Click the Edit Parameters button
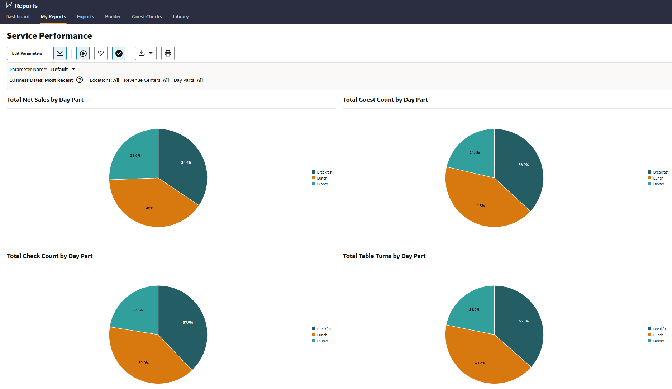tap(27, 53)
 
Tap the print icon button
tap(168, 53)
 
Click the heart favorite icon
tap(101, 53)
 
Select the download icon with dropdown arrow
tap(146, 53)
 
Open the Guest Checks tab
tap(147, 17)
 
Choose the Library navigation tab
tap(181, 17)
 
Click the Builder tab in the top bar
tap(113, 17)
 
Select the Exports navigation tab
tap(86, 17)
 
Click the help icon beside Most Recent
tap(80, 80)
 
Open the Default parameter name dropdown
tap(63, 69)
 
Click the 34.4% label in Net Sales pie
tap(186, 163)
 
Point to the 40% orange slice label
tap(149, 208)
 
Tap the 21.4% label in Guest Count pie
tap(475, 153)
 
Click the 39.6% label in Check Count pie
tap(143, 363)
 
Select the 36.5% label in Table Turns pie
tap(523, 321)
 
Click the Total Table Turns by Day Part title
tap(384, 256)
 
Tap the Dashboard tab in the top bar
tap(18, 17)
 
